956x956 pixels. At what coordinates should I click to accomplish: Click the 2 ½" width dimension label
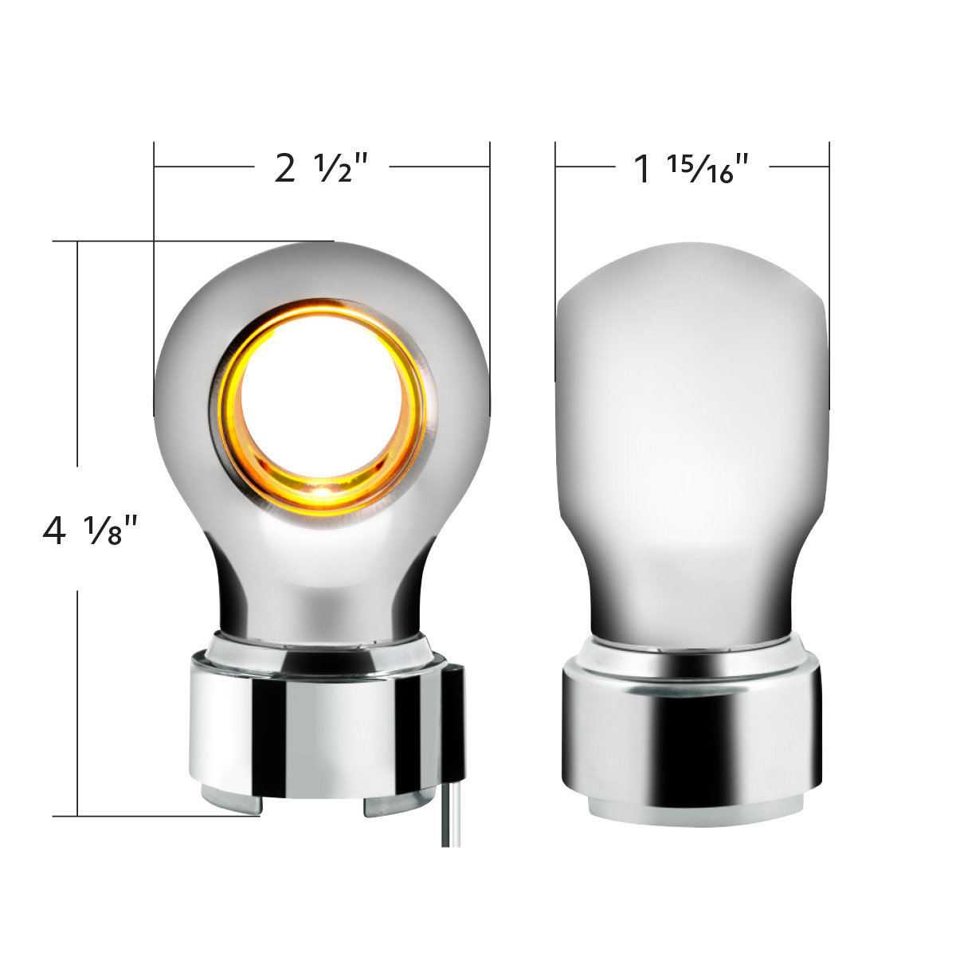click(321, 168)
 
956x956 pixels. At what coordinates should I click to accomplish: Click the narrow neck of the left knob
click(319, 590)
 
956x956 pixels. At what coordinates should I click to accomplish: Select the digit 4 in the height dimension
click(54, 531)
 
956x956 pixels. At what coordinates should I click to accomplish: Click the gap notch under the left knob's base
click(312, 807)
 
